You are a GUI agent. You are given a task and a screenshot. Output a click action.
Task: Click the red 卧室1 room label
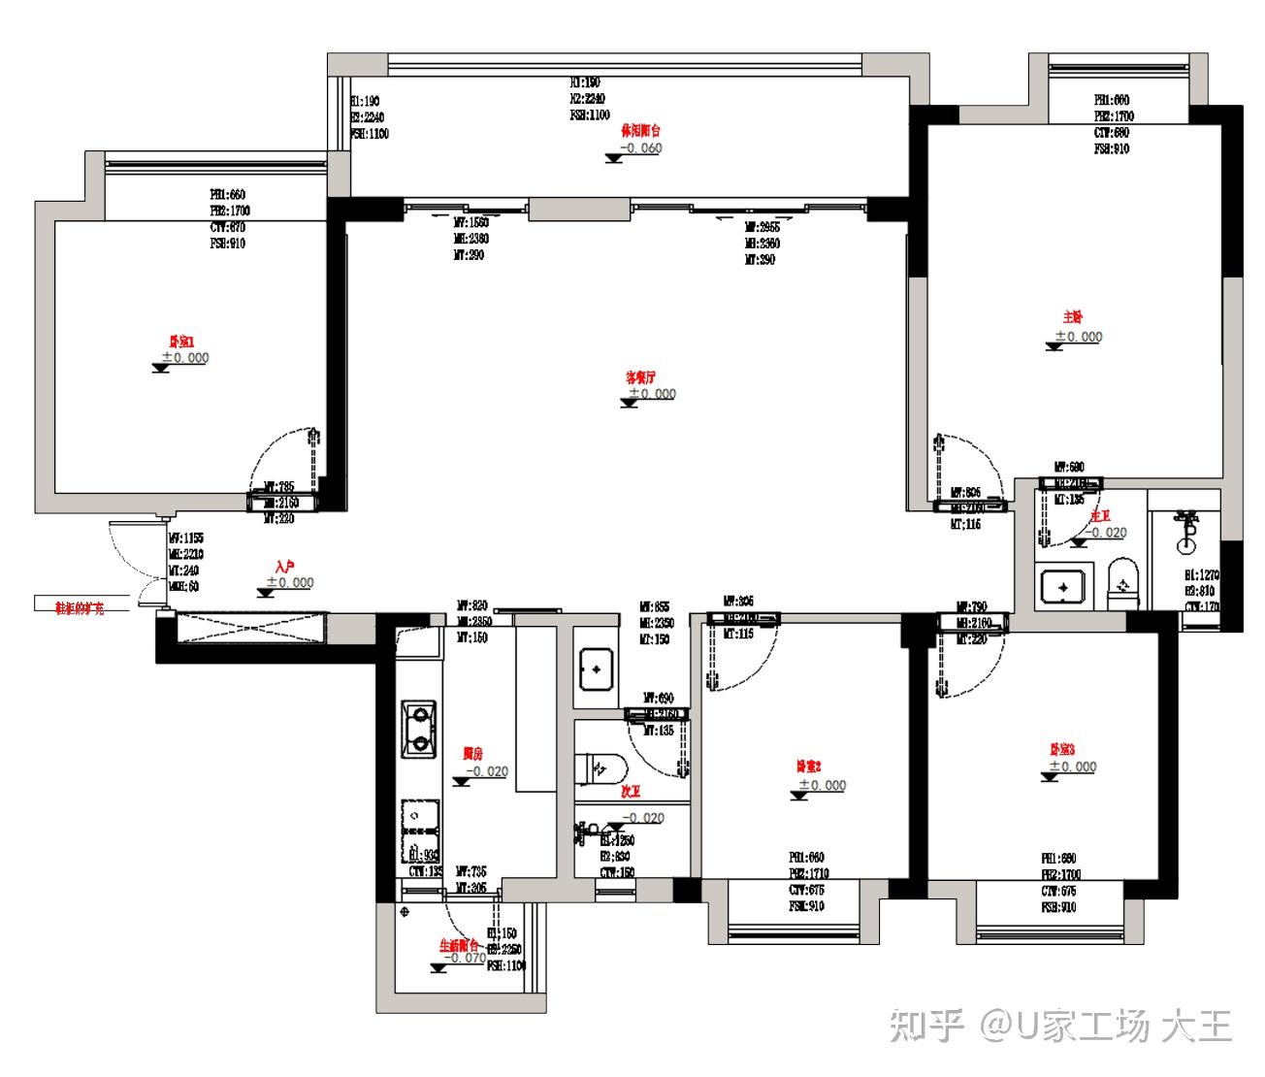(182, 342)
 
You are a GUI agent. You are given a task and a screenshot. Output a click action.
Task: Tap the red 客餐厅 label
(640, 376)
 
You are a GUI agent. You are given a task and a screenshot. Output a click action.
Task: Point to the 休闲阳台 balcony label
(641, 131)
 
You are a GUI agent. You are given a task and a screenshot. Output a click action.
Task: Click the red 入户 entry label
(283, 566)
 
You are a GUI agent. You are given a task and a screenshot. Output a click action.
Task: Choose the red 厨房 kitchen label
(472, 754)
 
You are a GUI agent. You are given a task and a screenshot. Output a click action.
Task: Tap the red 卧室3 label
(1062, 749)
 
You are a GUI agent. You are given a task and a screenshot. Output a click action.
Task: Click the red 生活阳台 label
(460, 944)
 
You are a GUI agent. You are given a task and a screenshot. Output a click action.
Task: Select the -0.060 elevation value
(641, 148)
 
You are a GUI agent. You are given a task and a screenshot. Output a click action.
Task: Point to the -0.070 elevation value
(465, 958)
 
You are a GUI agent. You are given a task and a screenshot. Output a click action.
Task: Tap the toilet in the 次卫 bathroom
(596, 768)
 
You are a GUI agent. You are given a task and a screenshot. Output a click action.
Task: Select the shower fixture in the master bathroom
(1184, 525)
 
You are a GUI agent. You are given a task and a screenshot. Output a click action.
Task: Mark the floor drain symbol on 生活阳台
(405, 912)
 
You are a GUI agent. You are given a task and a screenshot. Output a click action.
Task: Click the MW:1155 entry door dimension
(185, 537)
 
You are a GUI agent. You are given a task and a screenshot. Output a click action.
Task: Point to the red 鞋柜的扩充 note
(80, 608)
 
